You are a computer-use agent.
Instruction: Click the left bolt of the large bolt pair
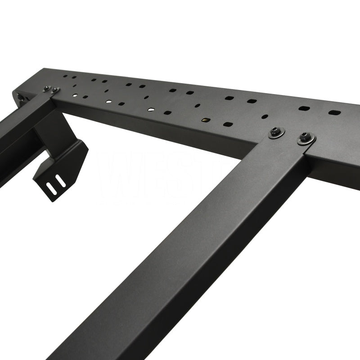coord(276,132)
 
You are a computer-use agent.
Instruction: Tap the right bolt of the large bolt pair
coord(306,139)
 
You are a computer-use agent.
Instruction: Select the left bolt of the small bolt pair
coord(47,89)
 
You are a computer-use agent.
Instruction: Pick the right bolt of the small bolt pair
coord(55,90)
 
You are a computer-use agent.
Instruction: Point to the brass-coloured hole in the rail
coord(205,121)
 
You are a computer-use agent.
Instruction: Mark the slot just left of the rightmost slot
coord(304,108)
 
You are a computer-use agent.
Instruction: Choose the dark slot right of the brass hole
coord(228,124)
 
